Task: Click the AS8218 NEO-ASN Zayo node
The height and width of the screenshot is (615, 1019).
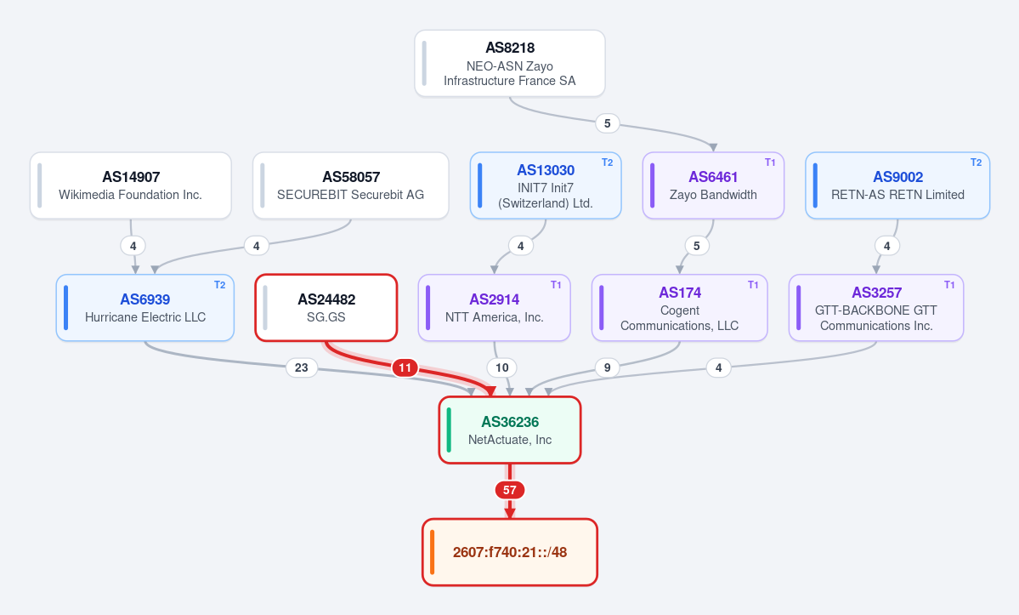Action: (510, 63)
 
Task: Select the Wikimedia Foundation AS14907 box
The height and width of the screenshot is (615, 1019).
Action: (131, 185)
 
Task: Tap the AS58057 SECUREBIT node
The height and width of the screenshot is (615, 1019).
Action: (350, 185)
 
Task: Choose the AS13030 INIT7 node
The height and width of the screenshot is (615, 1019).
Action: (546, 185)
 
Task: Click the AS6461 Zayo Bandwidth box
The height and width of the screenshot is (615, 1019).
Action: (713, 185)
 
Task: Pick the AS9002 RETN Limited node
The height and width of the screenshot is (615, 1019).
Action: (897, 185)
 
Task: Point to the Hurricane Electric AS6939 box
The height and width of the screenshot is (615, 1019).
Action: (145, 308)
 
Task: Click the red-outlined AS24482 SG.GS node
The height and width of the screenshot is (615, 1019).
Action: (326, 308)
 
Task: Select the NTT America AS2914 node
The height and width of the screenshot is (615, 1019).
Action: (494, 308)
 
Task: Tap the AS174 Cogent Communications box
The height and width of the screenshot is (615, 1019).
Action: (680, 308)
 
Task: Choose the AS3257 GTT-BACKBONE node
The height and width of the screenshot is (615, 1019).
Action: (876, 308)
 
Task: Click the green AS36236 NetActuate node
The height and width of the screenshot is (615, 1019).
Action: (510, 430)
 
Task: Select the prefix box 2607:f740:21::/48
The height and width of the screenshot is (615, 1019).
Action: (510, 552)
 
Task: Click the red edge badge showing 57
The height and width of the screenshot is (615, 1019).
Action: (510, 490)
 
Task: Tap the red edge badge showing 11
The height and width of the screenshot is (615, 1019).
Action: (405, 368)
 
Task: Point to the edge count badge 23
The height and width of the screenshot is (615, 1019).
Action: (302, 367)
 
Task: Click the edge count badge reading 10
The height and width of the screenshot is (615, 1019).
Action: (501, 367)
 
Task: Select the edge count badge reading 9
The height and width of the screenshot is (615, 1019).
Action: (607, 367)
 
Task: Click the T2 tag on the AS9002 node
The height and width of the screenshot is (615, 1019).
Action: (977, 162)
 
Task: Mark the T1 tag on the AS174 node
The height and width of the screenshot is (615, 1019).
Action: (753, 285)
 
